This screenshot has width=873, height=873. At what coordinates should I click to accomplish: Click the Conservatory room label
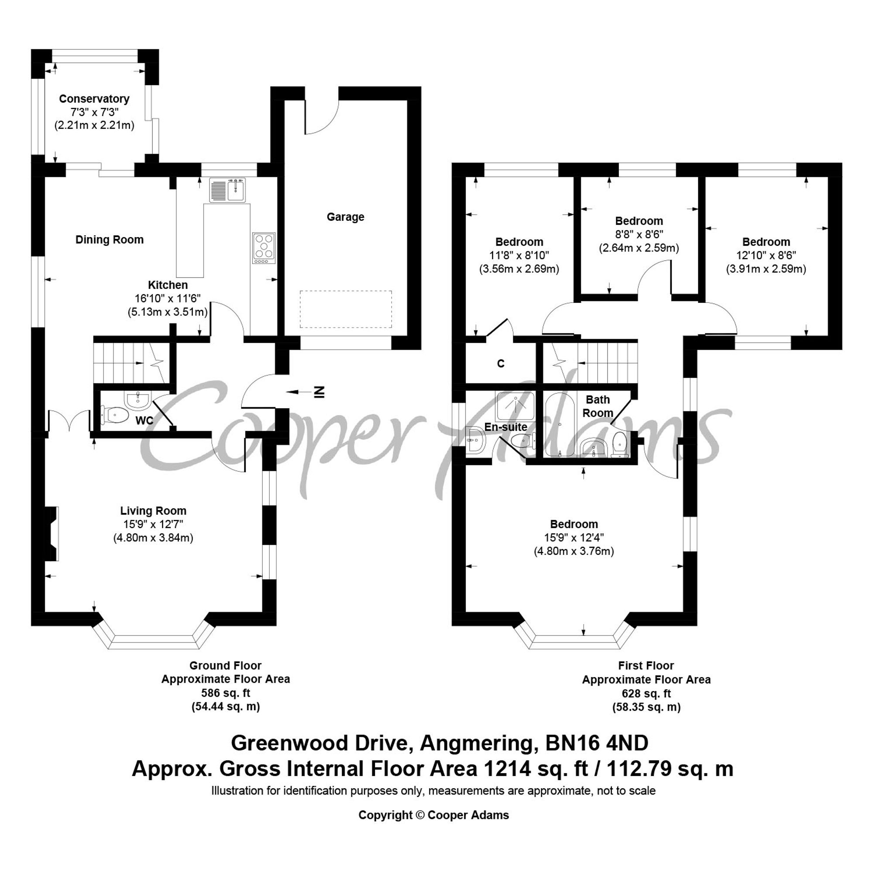click(x=94, y=99)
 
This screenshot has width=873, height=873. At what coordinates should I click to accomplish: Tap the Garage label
click(x=345, y=217)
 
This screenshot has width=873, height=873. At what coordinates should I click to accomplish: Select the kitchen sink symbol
click(x=228, y=190)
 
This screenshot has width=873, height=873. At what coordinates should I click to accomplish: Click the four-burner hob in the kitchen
click(x=264, y=248)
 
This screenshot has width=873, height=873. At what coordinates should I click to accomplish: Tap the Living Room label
click(x=153, y=511)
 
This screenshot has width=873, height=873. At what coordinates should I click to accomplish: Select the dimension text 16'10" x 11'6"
click(x=168, y=298)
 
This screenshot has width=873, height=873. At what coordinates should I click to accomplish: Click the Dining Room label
click(x=110, y=240)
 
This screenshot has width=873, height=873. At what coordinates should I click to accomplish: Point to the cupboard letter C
click(x=501, y=363)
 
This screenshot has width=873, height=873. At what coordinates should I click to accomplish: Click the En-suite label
click(x=505, y=426)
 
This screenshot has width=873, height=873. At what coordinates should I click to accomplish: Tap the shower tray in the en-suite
click(x=515, y=406)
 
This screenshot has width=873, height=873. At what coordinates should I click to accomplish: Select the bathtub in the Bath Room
click(x=560, y=425)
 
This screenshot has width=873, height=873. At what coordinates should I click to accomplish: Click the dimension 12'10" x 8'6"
click(x=766, y=255)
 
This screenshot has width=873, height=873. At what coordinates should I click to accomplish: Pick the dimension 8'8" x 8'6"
click(x=639, y=234)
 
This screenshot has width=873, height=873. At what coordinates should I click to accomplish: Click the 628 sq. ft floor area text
click(x=646, y=693)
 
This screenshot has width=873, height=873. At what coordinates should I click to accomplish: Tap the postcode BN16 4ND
click(x=597, y=743)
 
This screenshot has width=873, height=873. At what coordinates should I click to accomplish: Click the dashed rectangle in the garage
click(x=346, y=309)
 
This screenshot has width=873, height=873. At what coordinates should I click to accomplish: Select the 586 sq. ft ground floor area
click(x=226, y=693)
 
